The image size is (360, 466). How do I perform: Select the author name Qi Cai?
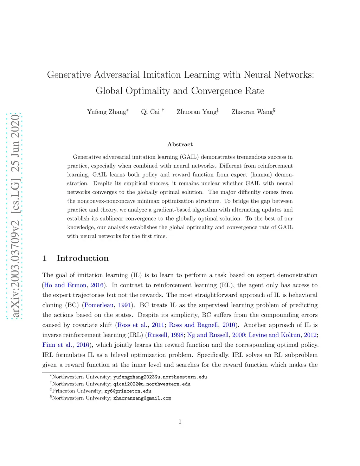click(x=150, y=112)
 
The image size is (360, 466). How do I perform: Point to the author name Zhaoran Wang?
click(x=252, y=112)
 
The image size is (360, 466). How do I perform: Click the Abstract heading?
click(x=180, y=145)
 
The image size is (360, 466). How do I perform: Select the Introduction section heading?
click(x=82, y=258)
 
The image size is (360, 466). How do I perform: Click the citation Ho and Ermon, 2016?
click(x=74, y=285)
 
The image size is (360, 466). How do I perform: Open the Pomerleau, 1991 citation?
click(x=108, y=305)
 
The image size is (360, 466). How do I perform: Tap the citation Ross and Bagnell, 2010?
click(x=202, y=325)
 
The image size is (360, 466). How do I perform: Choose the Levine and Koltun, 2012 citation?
click(x=283, y=335)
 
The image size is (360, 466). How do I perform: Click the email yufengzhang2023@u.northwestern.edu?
click(x=160, y=377)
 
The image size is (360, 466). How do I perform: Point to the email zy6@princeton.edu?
click(x=128, y=391)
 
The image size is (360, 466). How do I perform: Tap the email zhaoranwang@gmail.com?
click(x=142, y=398)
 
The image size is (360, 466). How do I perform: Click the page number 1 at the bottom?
click(x=180, y=422)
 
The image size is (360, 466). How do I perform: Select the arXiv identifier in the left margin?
click(x=15, y=216)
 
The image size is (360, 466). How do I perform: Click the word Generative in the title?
click(x=69, y=75)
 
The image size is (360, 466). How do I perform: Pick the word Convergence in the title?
click(x=217, y=91)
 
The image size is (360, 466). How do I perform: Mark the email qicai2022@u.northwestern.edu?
click(x=152, y=384)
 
